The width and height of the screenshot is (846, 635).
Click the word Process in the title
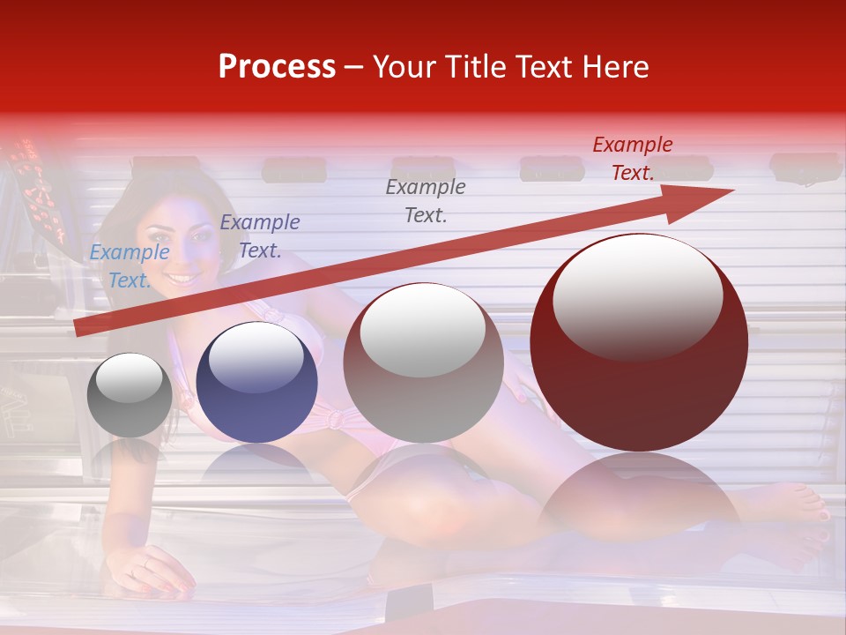click(277, 67)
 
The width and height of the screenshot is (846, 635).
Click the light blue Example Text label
click(130, 265)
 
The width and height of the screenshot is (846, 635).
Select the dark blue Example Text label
click(260, 235)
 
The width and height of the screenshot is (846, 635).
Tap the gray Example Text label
click(426, 200)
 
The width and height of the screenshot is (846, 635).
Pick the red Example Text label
click(633, 158)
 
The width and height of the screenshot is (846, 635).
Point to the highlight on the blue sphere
click(256, 357)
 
